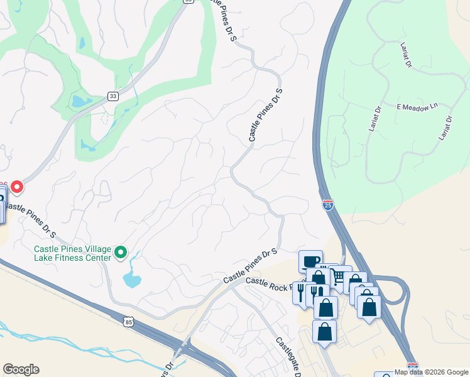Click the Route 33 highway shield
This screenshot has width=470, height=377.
tap(112, 96)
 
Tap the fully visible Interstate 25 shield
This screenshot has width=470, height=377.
tap(328, 204)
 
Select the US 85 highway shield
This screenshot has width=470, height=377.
tap(129, 322)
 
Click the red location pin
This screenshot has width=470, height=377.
tap(17, 187)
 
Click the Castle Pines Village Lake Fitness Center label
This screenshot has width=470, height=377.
tap(72, 253)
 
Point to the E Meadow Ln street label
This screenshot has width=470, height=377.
tap(416, 107)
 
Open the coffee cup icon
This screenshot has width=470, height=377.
tap(310, 261)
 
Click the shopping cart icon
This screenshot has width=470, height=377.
tap(340, 276)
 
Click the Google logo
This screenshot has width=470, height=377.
tap(21, 369)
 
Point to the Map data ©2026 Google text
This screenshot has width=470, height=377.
tap(431, 372)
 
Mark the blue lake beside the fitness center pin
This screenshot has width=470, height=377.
tap(132, 278)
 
